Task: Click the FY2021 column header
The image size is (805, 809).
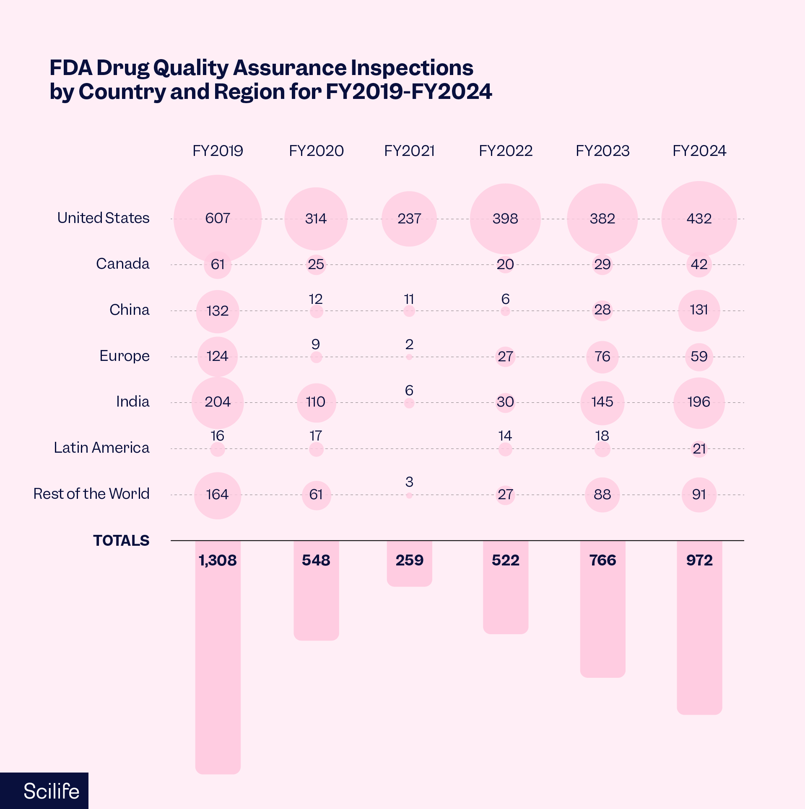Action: pyautogui.click(x=409, y=151)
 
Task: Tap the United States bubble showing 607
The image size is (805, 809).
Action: pyautogui.click(x=218, y=218)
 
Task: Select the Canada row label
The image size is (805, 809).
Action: pyautogui.click(x=122, y=264)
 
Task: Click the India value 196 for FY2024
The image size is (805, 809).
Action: pyautogui.click(x=699, y=402)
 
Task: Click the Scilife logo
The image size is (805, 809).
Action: pyautogui.click(x=51, y=791)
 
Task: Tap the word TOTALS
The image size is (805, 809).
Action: pyautogui.click(x=121, y=541)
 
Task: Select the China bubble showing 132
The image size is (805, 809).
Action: pyautogui.click(x=218, y=311)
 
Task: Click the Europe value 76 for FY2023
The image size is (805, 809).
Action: pyautogui.click(x=602, y=357)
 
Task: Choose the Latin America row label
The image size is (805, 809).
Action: pyautogui.click(x=101, y=448)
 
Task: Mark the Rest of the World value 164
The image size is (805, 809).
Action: pyautogui.click(x=218, y=495)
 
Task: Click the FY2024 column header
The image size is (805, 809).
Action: pyautogui.click(x=699, y=151)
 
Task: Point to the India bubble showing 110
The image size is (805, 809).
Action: pyautogui.click(x=316, y=402)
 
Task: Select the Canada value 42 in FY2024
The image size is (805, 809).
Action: pyautogui.click(x=699, y=264)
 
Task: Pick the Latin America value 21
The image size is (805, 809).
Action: pyautogui.click(x=699, y=449)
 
